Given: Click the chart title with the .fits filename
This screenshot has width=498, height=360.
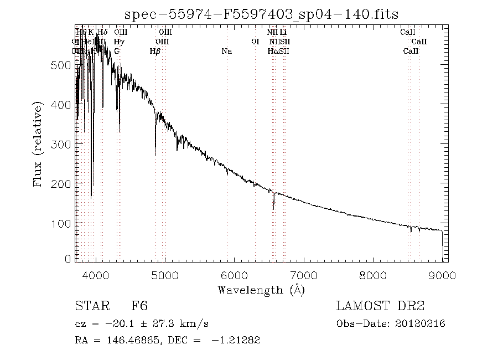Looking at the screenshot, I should click(261, 14).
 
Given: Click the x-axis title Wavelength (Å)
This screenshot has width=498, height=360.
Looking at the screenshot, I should click(261, 290).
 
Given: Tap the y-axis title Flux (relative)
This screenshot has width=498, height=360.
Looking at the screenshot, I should click(38, 143).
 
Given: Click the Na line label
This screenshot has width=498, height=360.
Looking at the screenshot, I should click(226, 52).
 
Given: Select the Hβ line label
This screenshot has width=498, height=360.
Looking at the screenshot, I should click(155, 52).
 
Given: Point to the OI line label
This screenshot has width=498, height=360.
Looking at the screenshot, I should click(255, 42).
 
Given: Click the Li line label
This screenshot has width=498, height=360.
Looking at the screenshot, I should click(283, 33).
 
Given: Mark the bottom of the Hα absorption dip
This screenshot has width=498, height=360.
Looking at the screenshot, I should click(273, 209).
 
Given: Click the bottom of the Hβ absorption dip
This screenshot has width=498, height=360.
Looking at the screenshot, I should click(155, 155).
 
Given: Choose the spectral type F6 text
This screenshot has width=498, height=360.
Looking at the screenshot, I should click(139, 306).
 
